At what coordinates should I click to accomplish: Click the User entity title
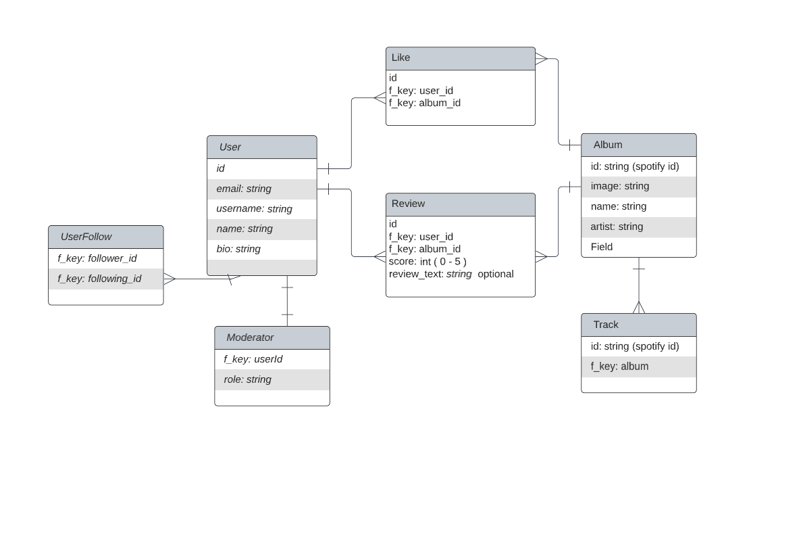230,147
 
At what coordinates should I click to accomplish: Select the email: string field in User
244,189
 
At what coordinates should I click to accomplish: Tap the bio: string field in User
238,249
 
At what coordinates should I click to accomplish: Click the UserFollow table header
86,237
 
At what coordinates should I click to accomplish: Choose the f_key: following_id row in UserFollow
99,279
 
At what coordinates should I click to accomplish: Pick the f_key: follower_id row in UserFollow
97,258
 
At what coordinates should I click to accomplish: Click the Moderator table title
251,337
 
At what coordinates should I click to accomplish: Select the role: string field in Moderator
248,379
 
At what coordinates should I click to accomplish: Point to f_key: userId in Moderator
253,359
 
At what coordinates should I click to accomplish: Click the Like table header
401,58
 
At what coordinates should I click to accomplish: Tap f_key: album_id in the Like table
425,103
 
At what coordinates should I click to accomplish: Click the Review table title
409,204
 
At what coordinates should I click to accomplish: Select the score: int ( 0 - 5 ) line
428,261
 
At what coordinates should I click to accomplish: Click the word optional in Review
496,274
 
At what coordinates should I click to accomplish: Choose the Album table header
608,145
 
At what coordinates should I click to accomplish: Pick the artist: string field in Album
617,227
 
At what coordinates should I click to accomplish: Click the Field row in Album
602,247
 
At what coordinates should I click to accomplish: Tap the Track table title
606,325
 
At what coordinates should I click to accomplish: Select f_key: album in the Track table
619,367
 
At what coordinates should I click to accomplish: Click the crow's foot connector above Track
639,307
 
